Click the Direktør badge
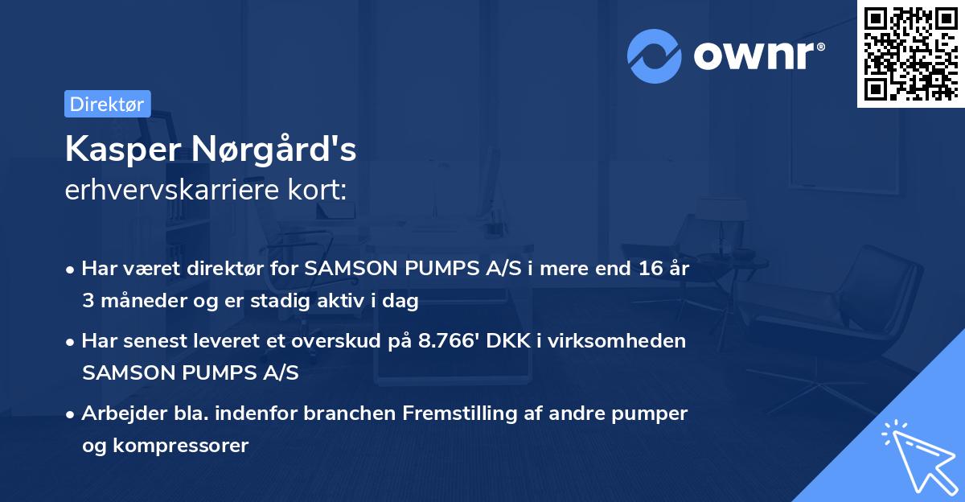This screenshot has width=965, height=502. [107, 104]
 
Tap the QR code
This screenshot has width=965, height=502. [911, 54]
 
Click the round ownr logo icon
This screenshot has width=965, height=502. [655, 56]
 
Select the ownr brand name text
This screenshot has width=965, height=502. [758, 56]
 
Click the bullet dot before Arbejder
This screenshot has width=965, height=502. [72, 414]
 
